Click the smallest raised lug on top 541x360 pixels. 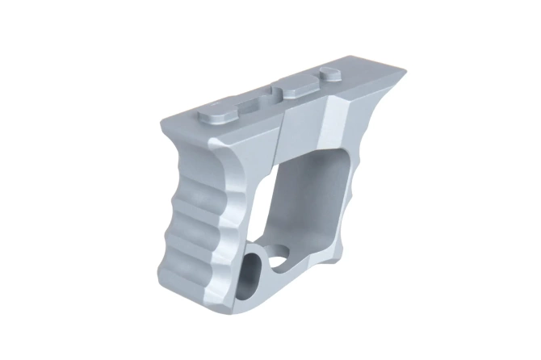(329, 73)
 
